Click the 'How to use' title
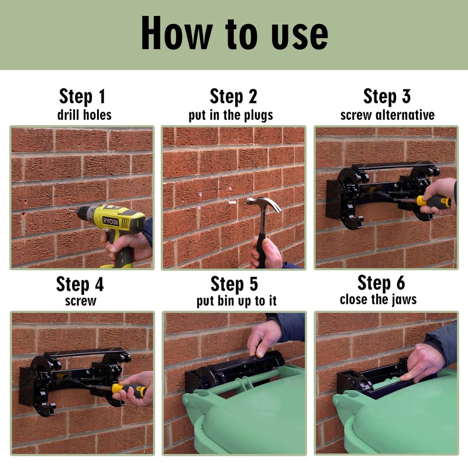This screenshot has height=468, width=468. pyautogui.click(x=234, y=34)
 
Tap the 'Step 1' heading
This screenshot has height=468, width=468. pyautogui.click(x=82, y=97)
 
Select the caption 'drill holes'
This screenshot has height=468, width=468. pyautogui.click(x=82, y=114)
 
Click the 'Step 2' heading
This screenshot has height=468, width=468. pyautogui.click(x=233, y=97)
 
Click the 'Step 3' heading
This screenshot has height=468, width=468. pyautogui.click(x=387, y=97)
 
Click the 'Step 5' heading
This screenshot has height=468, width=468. pyautogui.click(x=234, y=284)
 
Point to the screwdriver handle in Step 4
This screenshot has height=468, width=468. pyautogui.click(x=128, y=388)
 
